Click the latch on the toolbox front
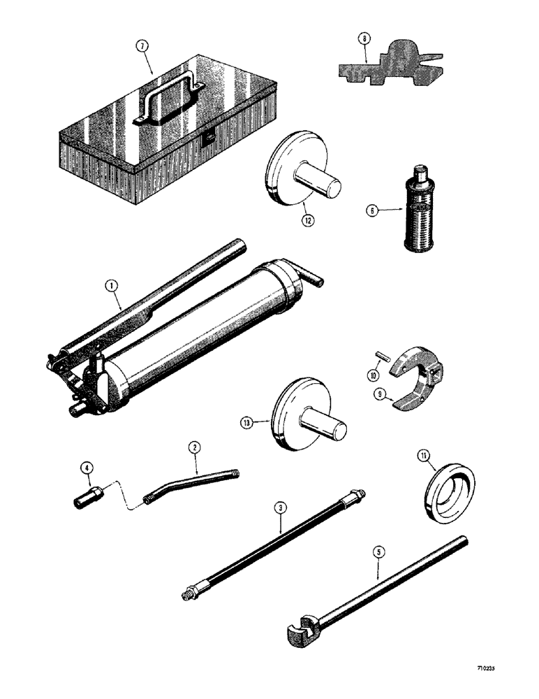(x=207, y=142)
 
